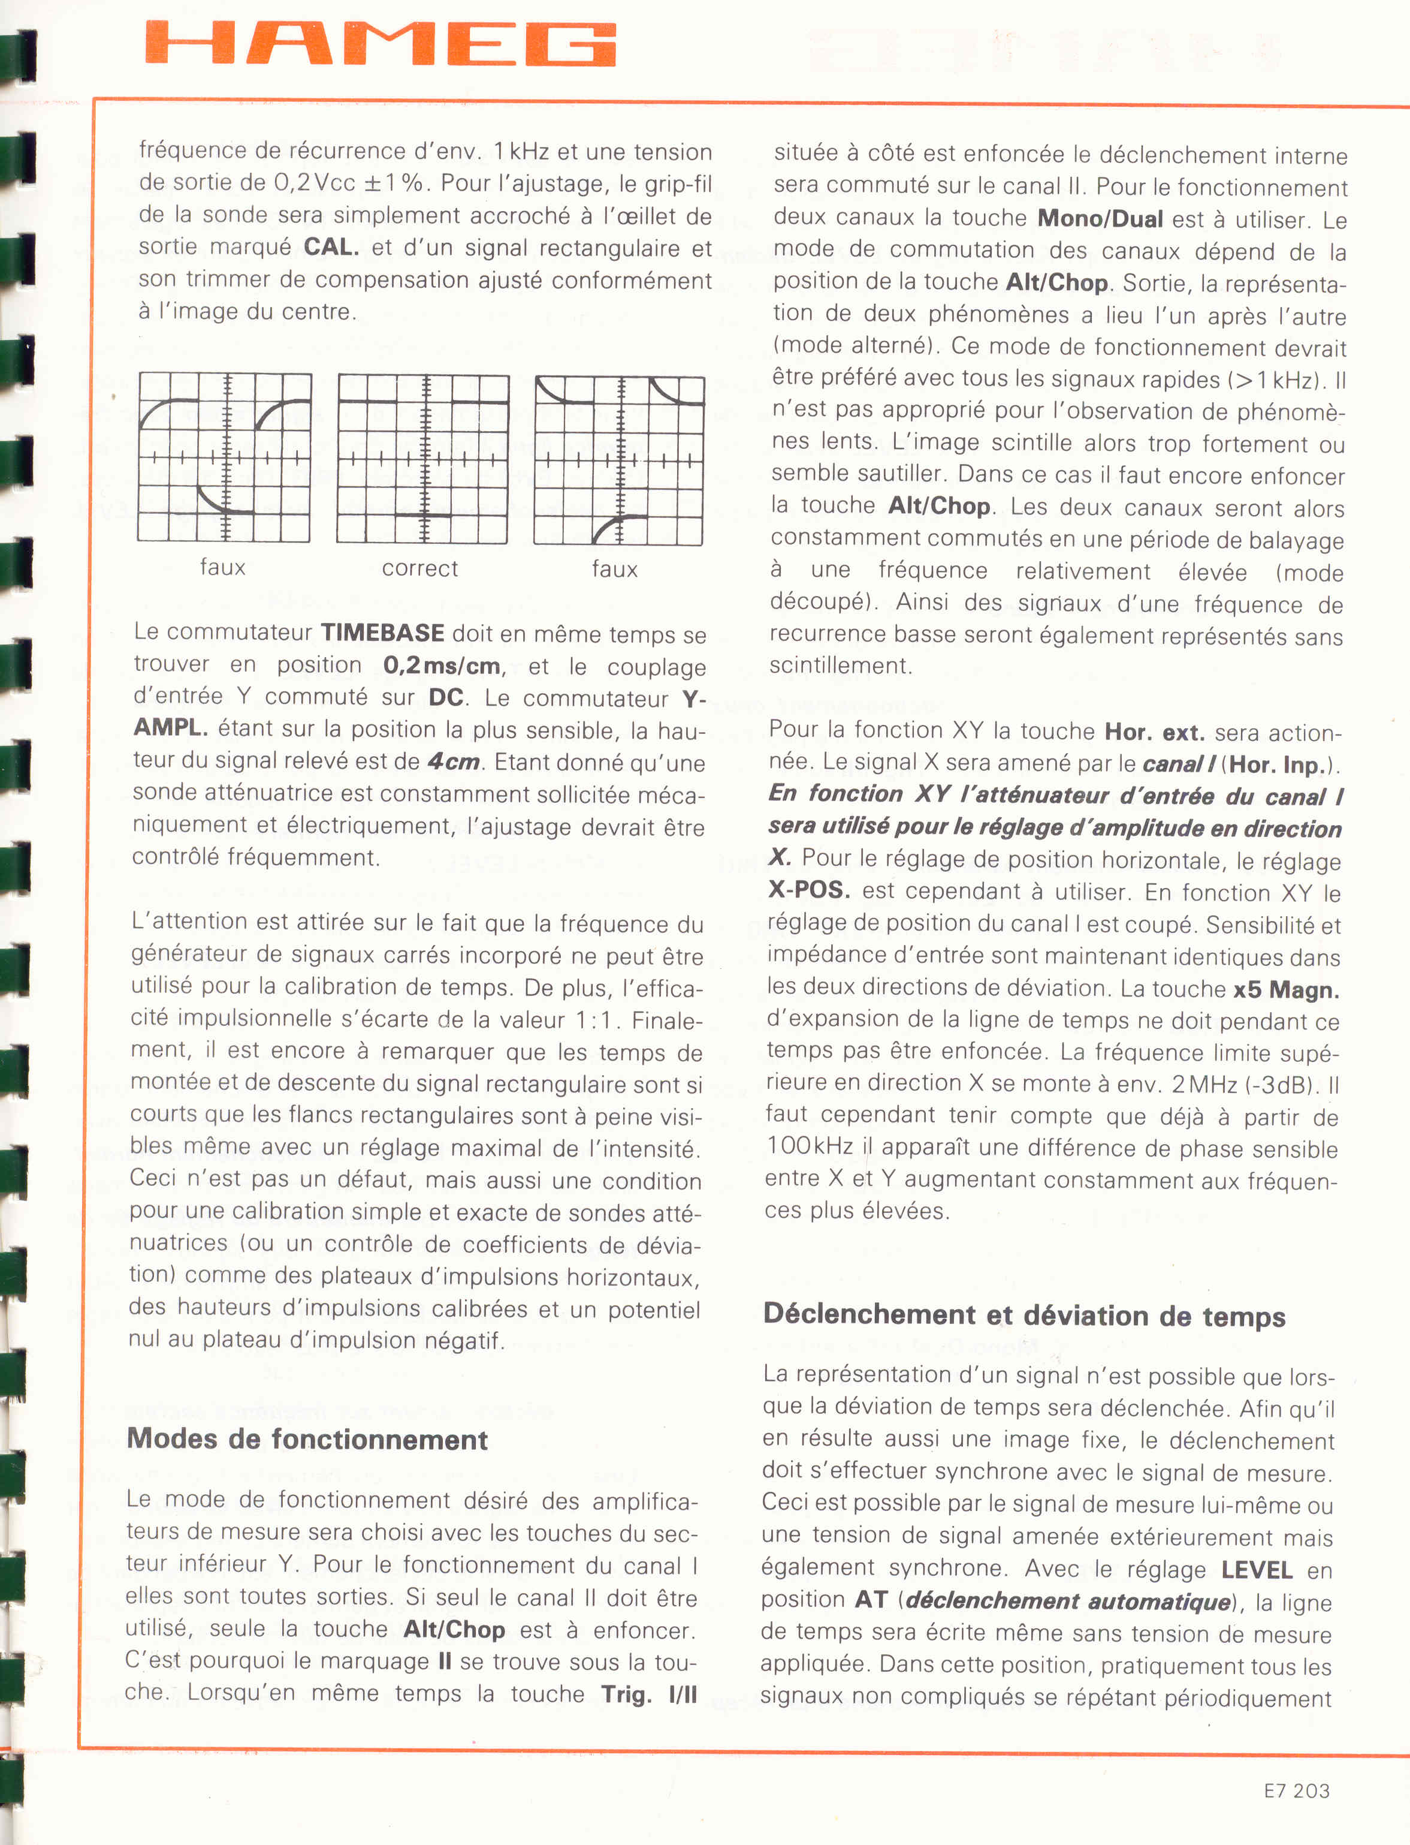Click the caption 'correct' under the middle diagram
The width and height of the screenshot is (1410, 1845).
(419, 568)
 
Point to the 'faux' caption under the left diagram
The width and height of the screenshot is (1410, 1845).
(222, 567)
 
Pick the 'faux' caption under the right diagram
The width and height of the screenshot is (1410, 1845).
(614, 570)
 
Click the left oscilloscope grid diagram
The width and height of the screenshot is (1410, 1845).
(224, 458)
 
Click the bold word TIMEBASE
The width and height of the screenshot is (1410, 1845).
(383, 633)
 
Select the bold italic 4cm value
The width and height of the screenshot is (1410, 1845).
(453, 762)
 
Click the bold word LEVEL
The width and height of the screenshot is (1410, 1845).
(1257, 1570)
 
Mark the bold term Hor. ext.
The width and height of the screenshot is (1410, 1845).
(1155, 732)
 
